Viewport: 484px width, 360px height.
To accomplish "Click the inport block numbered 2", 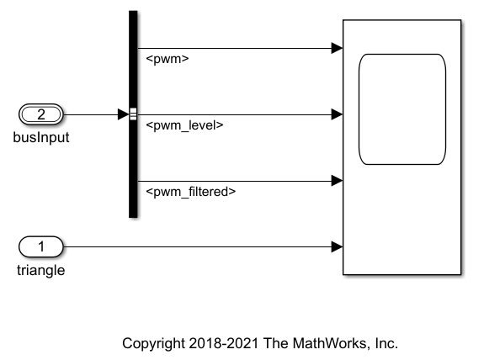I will click(40, 114).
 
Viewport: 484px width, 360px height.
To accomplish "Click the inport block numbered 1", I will click(40, 246).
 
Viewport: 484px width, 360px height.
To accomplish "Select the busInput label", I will click(41, 137).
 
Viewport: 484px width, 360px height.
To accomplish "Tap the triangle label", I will click(40, 270).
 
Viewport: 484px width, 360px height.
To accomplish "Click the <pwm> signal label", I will click(167, 60).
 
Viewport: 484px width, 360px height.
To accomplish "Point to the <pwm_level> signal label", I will click(184, 126).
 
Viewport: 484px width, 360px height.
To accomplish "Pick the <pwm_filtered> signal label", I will click(190, 192).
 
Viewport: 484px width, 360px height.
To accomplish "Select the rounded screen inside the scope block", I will click(402, 109).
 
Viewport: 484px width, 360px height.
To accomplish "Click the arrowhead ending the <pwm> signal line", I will click(337, 48).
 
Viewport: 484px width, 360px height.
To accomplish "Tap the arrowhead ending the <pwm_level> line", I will click(337, 114).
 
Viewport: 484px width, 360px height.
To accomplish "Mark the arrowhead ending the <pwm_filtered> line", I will click(337, 180).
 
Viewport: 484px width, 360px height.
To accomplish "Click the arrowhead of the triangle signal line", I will click(337, 246).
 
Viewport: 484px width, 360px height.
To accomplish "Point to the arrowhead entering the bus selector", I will click(123, 114).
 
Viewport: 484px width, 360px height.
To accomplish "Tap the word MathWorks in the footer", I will click(327, 343).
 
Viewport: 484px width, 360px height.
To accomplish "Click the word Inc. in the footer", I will click(384, 343).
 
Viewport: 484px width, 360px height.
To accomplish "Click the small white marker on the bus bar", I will click(133, 114).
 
